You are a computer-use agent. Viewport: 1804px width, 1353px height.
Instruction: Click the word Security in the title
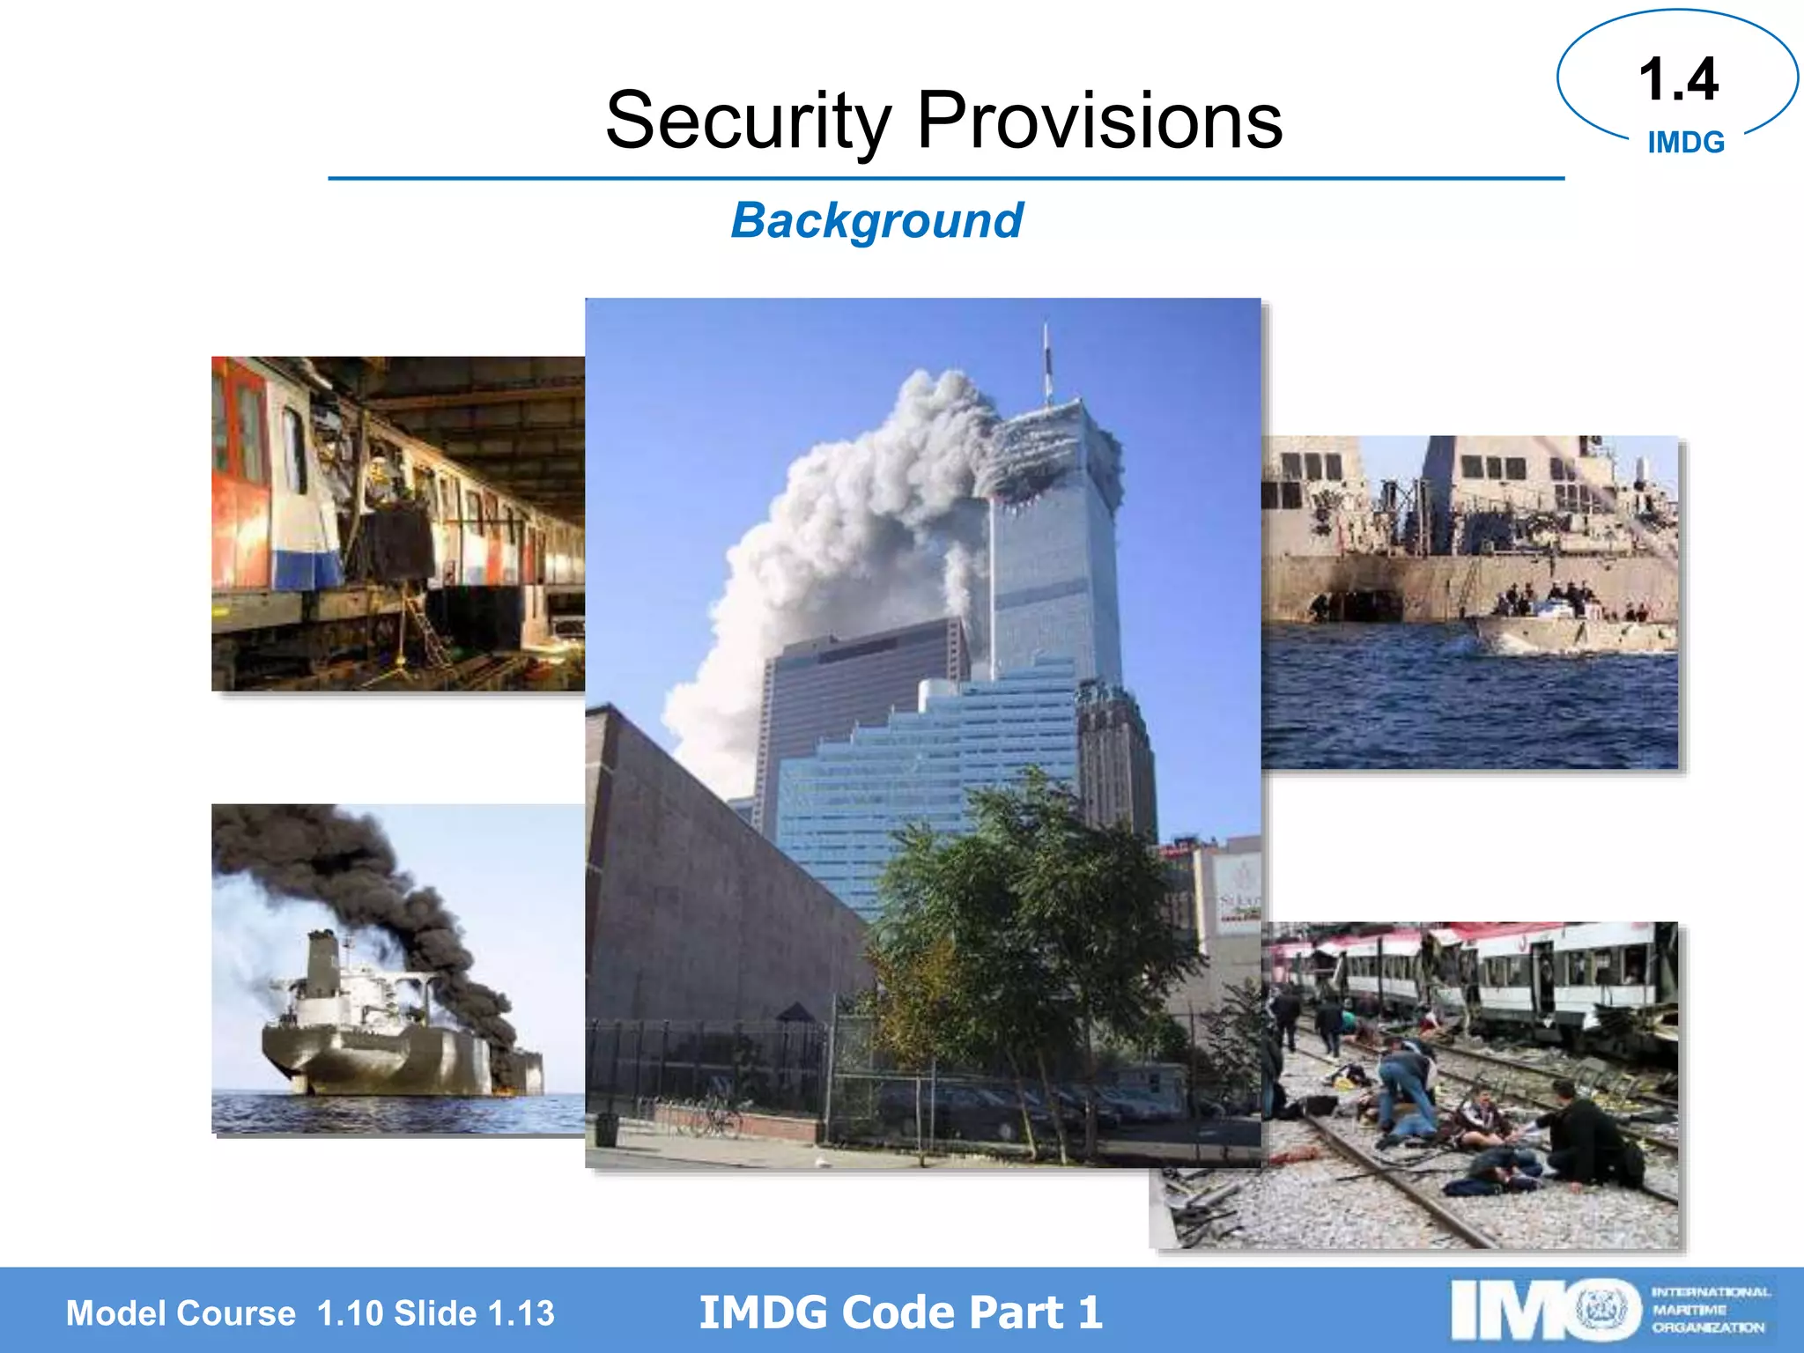pyautogui.click(x=749, y=121)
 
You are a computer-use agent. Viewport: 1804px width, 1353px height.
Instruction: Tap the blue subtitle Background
pyautogui.click(x=876, y=220)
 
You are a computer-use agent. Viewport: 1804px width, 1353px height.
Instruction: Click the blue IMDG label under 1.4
pyautogui.click(x=1685, y=143)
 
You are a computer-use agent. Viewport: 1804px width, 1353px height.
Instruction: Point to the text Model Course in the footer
pyautogui.click(x=181, y=1313)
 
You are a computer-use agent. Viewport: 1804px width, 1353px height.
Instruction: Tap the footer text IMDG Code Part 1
pyautogui.click(x=900, y=1312)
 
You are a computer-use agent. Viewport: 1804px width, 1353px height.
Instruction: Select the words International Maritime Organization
pyautogui.click(x=1709, y=1310)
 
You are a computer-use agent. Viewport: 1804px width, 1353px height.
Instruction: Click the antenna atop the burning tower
pyautogui.click(x=1046, y=361)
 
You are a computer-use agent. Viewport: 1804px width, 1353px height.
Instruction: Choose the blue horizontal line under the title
pyautogui.click(x=946, y=179)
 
